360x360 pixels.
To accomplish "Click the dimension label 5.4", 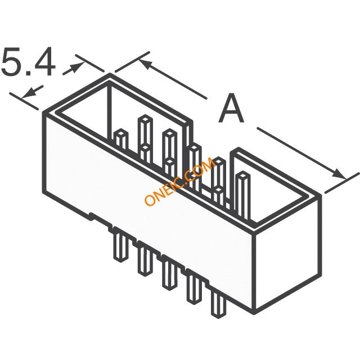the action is [x=29, y=62].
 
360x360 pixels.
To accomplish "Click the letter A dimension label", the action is [x=231, y=108].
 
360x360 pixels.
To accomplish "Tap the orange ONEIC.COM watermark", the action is [x=179, y=181].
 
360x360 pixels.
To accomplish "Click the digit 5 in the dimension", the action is [x=12, y=62].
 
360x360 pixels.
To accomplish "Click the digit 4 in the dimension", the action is [x=45, y=61].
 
